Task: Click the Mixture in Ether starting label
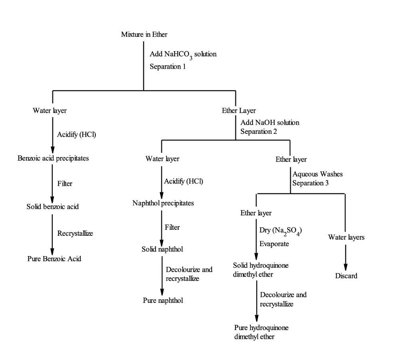click(x=144, y=34)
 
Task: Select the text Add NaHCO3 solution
click(x=183, y=54)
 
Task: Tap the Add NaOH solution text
click(x=270, y=122)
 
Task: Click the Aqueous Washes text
click(x=318, y=174)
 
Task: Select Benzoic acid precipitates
click(x=53, y=158)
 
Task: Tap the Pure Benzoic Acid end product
click(x=54, y=259)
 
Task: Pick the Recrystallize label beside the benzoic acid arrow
click(x=75, y=233)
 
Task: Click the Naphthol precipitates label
click(x=163, y=203)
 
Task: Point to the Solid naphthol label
click(x=162, y=249)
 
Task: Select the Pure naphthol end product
click(x=163, y=300)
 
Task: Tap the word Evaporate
click(x=274, y=244)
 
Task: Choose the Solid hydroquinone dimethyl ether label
click(x=261, y=270)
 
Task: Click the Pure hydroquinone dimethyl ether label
click(x=261, y=332)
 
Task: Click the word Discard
click(x=346, y=276)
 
